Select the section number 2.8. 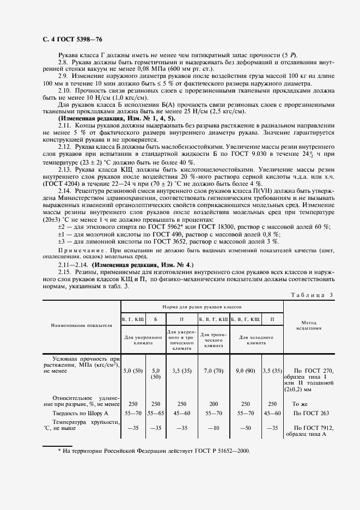click(64, 62)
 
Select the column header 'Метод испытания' click(309, 326)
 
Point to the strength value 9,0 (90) click(245, 371)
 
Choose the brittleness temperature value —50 click(245, 428)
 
